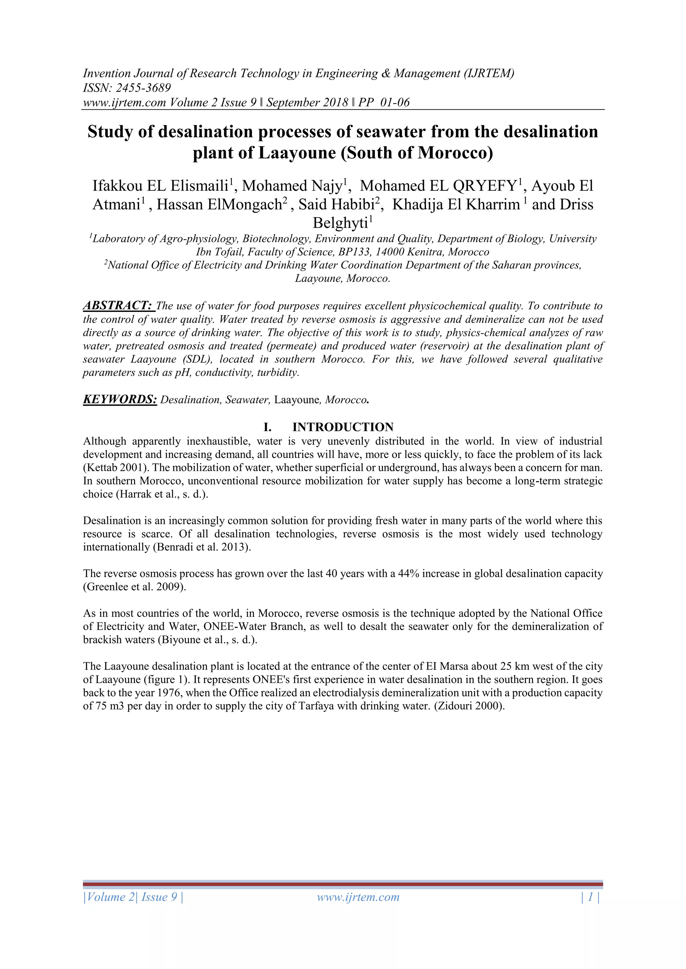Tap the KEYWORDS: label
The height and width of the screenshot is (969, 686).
[120, 399]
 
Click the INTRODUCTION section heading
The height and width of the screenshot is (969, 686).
[343, 427]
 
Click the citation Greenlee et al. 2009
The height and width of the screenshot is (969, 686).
[134, 587]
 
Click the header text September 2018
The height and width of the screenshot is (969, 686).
[307, 103]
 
